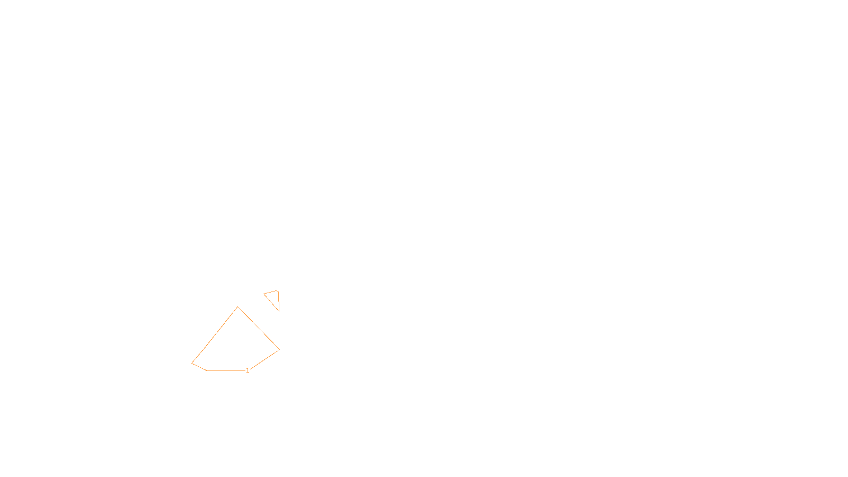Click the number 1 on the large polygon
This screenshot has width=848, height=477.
[x=248, y=370]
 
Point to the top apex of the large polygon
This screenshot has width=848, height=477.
[x=238, y=307]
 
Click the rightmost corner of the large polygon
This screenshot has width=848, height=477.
[x=279, y=349]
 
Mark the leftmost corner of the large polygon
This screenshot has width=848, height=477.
[x=192, y=363]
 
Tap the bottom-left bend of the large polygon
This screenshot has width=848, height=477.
[x=207, y=370]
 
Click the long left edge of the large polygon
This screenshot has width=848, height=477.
[x=215, y=335]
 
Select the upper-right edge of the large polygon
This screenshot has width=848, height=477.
[x=259, y=328]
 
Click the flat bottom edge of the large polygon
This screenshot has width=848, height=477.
[x=225, y=370]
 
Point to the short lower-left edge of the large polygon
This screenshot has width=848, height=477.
[x=199, y=367]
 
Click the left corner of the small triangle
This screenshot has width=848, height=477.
[x=264, y=294]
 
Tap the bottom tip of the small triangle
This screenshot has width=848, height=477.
[x=279, y=311]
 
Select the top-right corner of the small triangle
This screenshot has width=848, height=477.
[x=278, y=291]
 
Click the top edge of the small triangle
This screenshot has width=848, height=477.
[x=271, y=293]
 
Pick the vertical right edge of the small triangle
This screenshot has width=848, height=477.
[x=278, y=301]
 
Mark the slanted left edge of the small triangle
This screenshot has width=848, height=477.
[x=271, y=303]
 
